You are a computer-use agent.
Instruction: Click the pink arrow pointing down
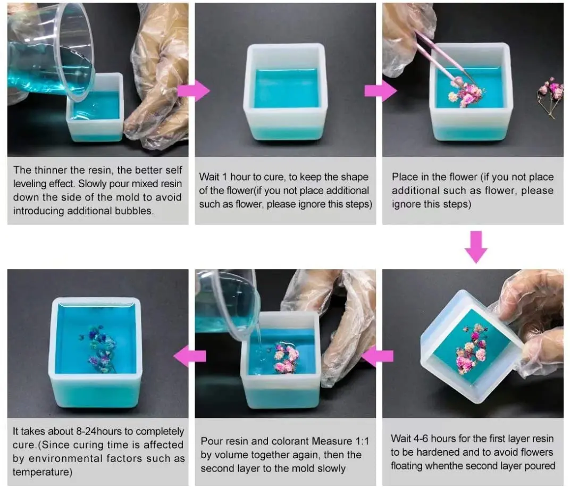point(476,247)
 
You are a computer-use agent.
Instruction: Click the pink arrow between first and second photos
point(194,91)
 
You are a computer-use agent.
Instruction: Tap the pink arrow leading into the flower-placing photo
point(381,91)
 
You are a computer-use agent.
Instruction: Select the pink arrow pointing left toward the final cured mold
point(189,356)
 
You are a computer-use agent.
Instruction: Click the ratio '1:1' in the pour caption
point(362,441)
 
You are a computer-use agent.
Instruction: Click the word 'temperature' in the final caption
point(42,472)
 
